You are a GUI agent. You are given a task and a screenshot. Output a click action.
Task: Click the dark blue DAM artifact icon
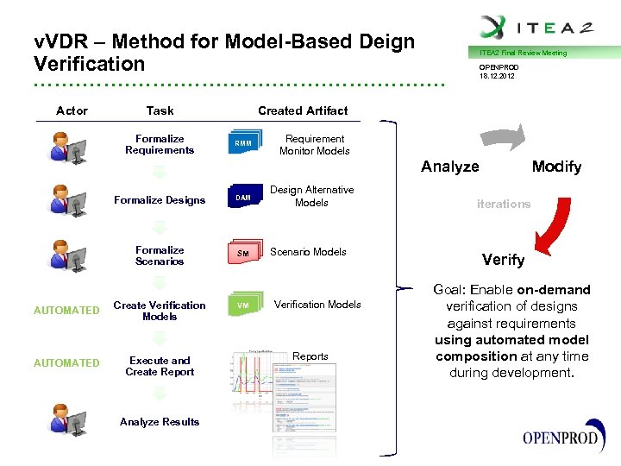pos(243,198)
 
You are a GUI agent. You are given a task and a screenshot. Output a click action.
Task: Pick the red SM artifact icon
pos(243,253)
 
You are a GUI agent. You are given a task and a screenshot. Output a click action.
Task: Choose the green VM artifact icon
pos(243,305)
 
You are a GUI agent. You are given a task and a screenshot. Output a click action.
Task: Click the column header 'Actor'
pos(72,110)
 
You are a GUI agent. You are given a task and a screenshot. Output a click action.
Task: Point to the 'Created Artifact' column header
pos(303,110)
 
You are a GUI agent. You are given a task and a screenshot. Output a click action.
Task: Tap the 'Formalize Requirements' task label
pos(160,144)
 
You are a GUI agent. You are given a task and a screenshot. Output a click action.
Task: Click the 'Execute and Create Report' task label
pos(160,366)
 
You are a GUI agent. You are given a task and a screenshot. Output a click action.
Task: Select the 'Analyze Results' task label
pos(160,422)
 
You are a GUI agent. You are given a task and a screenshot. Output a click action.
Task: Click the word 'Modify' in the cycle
pos(556,167)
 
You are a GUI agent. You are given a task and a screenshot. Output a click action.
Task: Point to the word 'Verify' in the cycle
pos(503,260)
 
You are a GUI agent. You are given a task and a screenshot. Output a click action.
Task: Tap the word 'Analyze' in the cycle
pos(449,167)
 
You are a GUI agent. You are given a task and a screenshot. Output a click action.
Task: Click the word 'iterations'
pos(504,204)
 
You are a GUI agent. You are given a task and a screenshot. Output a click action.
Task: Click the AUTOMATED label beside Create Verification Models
pos(66,311)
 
